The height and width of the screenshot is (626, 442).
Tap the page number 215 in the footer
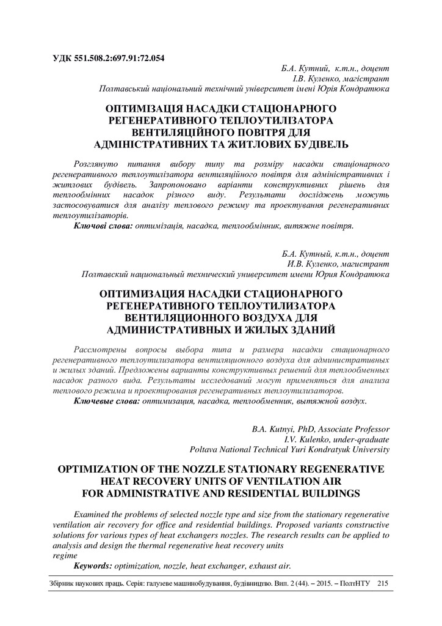[x=383, y=584]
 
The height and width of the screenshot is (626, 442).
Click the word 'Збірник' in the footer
[x=62, y=584]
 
